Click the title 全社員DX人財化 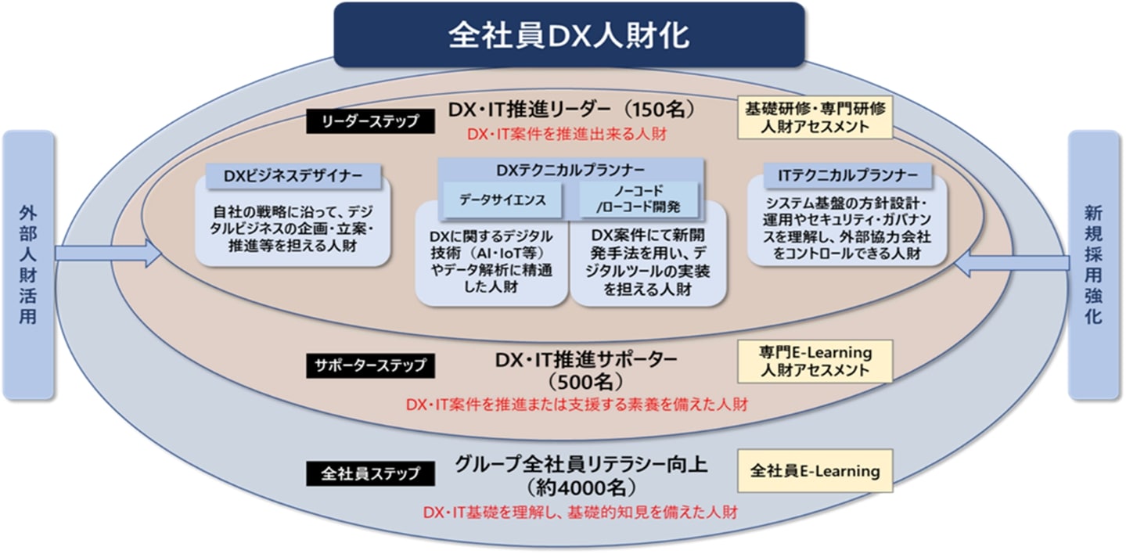tap(569, 35)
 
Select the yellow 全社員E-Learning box tap(815, 471)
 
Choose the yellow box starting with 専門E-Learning tap(815, 362)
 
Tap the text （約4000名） tap(580, 488)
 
